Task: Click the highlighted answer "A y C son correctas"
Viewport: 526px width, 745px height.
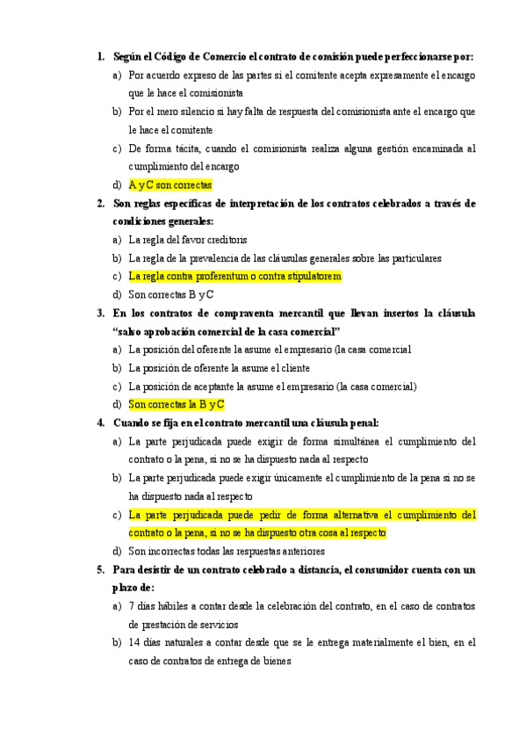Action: click(169, 185)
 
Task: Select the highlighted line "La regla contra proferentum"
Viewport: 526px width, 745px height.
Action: click(234, 276)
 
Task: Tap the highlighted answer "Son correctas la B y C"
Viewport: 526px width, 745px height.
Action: click(177, 404)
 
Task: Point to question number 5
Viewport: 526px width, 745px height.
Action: click(100, 569)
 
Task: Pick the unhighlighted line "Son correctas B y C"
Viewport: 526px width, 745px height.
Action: click(171, 294)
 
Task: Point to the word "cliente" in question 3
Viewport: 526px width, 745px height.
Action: click(317, 368)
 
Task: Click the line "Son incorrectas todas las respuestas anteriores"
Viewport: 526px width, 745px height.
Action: click(227, 551)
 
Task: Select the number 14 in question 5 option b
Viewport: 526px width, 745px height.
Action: click(133, 642)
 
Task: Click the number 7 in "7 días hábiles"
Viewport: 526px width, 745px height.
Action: click(131, 605)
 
